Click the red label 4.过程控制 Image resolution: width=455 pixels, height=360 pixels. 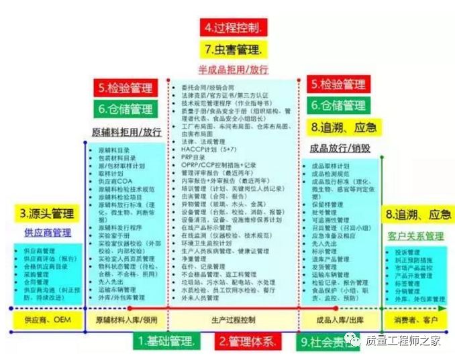click(x=234, y=27)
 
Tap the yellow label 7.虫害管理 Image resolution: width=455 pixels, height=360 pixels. click(x=234, y=49)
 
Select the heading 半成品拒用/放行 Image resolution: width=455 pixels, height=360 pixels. click(x=233, y=69)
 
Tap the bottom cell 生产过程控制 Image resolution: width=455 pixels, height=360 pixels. click(x=234, y=320)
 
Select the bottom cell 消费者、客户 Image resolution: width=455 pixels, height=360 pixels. click(x=415, y=320)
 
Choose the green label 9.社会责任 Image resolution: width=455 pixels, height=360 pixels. click(x=325, y=341)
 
